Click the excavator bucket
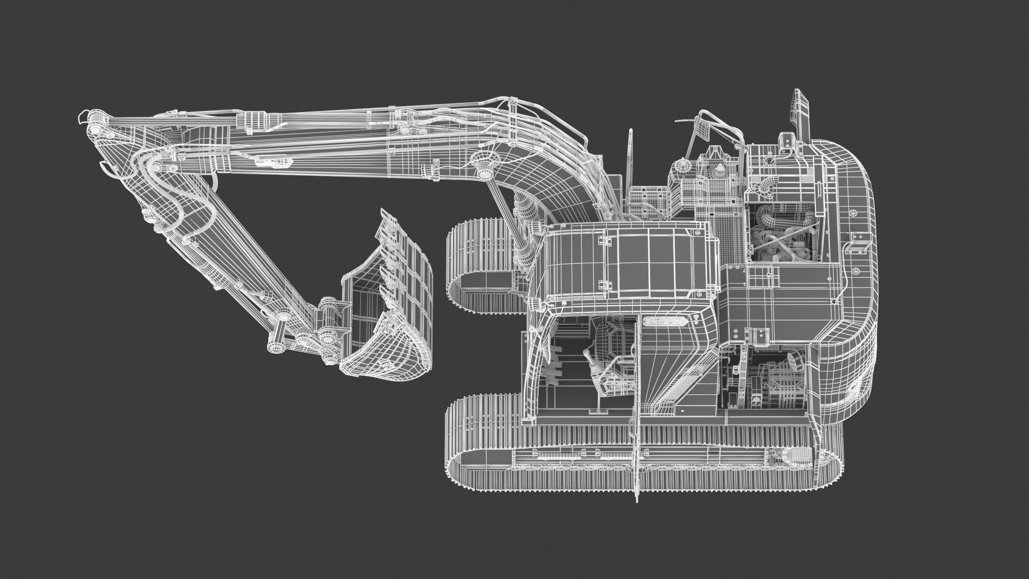pos(386,309)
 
